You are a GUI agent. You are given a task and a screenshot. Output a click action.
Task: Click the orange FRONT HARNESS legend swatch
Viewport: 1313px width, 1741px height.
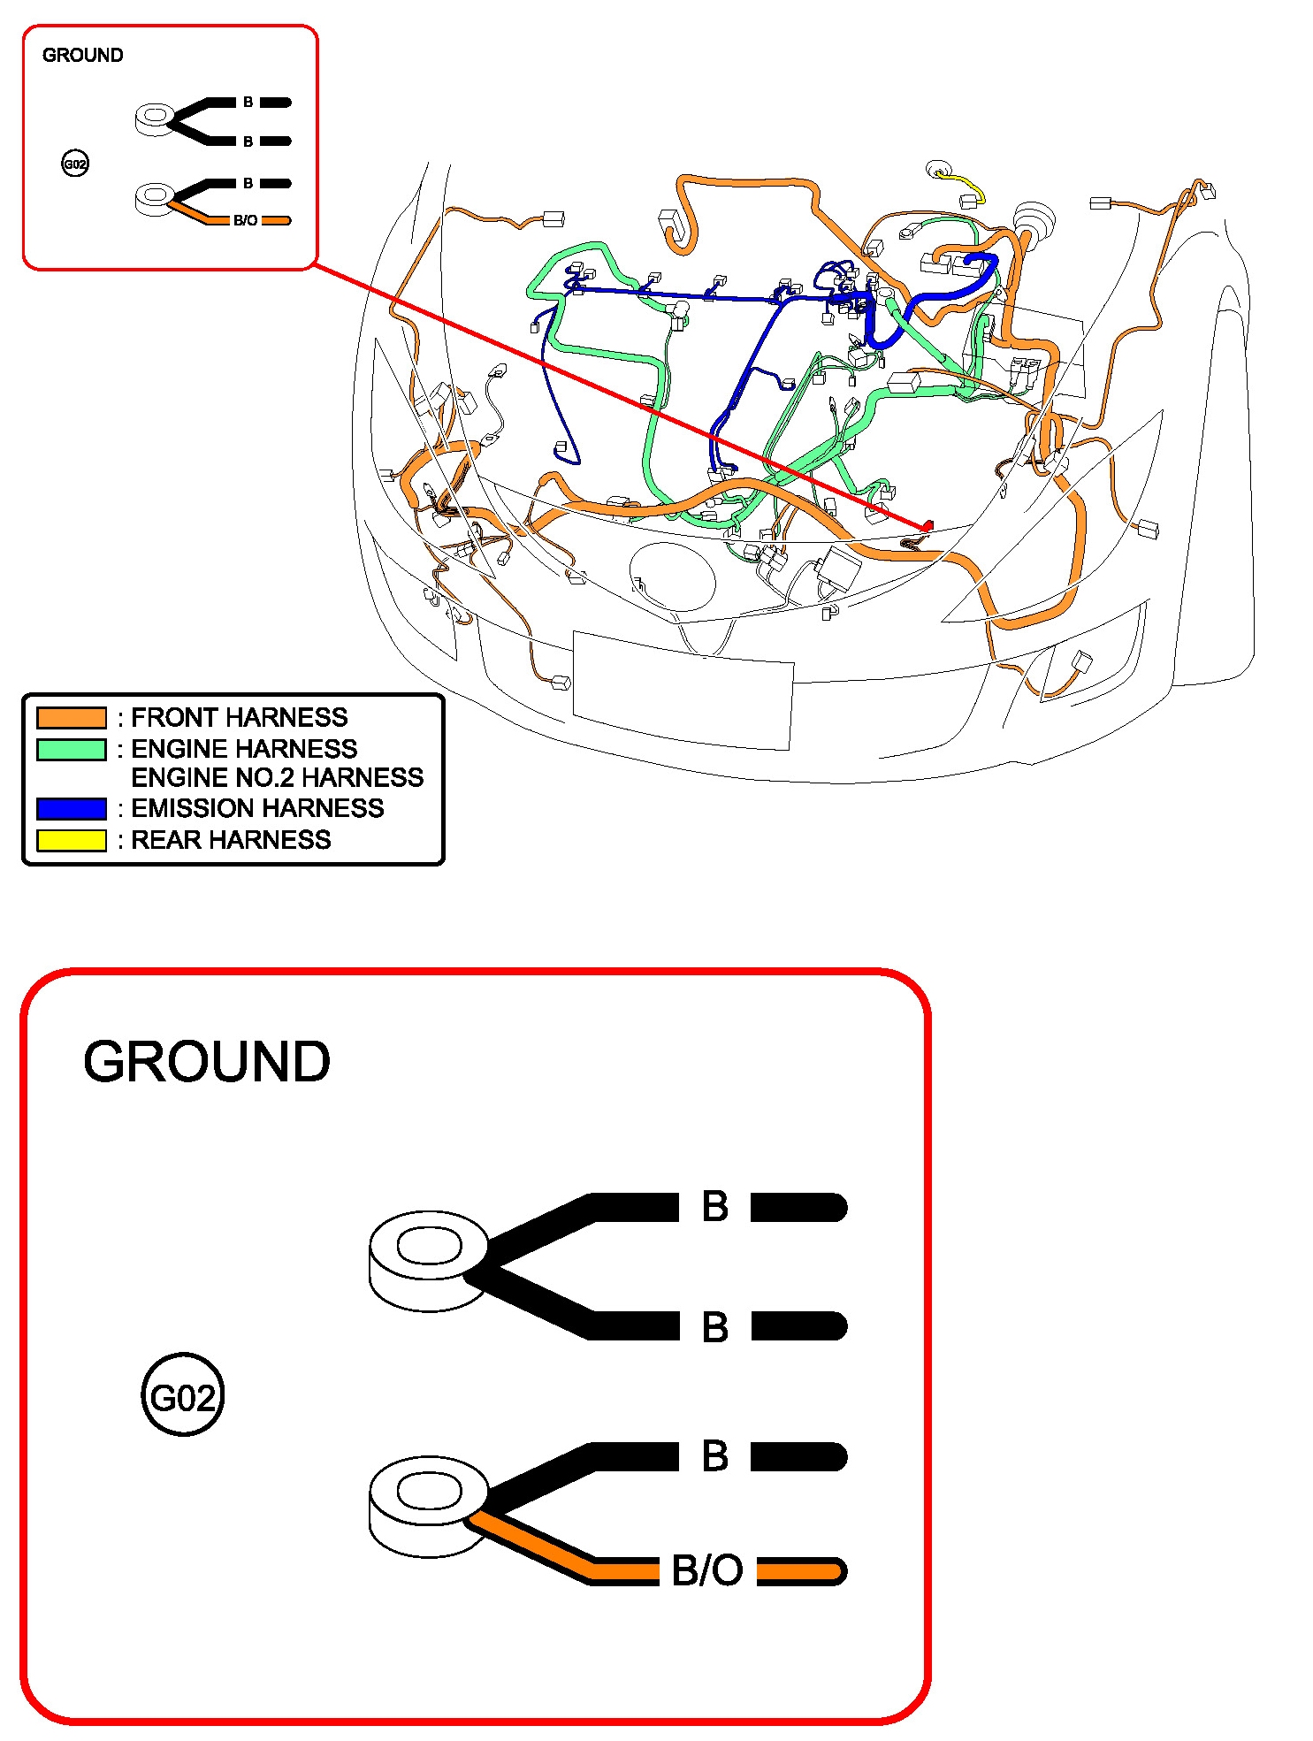pos(71,717)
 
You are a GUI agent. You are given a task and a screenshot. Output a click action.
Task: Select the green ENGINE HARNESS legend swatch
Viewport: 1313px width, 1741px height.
pos(71,749)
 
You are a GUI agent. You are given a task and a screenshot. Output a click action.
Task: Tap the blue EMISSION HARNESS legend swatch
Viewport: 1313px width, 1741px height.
pos(71,808)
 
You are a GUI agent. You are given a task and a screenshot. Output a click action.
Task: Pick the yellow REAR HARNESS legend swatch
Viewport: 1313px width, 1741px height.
pos(71,840)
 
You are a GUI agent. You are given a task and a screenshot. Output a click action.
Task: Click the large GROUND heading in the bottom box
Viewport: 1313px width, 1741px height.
pos(207,1061)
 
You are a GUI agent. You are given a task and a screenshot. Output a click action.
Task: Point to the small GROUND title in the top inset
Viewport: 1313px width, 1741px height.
pos(83,55)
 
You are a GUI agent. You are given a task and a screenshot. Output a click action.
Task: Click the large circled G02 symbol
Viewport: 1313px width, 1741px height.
pos(183,1397)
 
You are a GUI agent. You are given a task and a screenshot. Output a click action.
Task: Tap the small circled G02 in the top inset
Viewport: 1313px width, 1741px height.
pos(75,164)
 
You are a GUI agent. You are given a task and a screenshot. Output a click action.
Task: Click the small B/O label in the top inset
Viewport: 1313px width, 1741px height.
pos(246,220)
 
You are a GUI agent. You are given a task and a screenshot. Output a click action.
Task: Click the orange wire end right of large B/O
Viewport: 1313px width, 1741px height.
pos(801,1571)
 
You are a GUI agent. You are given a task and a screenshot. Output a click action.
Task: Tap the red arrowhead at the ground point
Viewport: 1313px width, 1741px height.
pos(927,526)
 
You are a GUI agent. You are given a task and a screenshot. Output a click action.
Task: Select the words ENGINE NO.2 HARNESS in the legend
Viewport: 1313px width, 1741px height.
pos(277,777)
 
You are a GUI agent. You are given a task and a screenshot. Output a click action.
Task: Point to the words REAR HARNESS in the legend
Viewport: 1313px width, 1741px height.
pos(231,840)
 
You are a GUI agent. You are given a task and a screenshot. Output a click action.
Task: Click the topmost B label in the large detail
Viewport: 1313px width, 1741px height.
pos(714,1207)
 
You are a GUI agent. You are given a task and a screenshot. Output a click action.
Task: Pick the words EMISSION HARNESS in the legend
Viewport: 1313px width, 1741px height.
pos(257,808)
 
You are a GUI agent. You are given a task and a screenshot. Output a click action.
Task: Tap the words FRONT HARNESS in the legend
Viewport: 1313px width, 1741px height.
pos(239,717)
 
